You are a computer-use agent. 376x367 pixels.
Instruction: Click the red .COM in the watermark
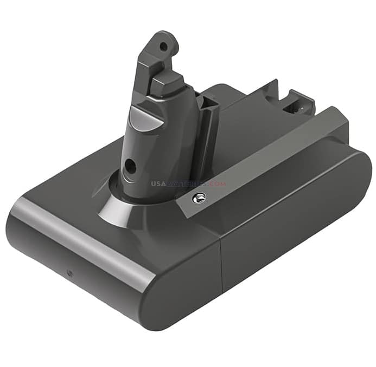pos(216,183)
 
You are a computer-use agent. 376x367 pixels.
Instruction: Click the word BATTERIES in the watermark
pos(187,183)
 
